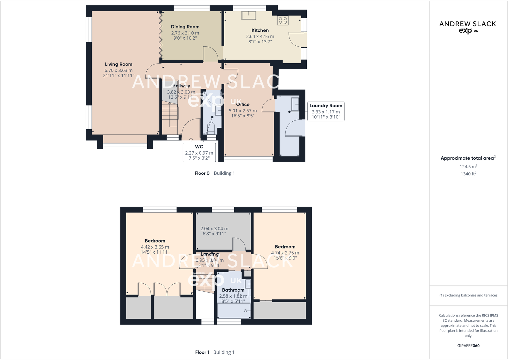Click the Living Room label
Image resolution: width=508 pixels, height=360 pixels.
pos(119,64)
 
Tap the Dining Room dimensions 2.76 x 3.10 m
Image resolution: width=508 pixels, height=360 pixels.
pos(185,33)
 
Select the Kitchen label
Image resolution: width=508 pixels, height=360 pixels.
pos(260,30)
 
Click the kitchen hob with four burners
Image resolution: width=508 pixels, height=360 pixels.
pos(283,20)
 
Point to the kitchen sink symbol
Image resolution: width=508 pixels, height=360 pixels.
pos(248,15)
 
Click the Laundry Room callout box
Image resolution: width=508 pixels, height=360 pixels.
pos(326,111)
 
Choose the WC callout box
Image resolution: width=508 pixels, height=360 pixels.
pos(199,152)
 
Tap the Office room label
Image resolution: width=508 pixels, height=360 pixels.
pos(243,104)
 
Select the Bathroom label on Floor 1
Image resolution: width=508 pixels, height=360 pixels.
pos(233,290)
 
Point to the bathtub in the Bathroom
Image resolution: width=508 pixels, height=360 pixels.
pos(234,311)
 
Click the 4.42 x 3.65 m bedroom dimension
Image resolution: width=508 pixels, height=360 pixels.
pos(155,247)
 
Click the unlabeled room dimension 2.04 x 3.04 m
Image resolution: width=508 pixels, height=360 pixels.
pos(214,229)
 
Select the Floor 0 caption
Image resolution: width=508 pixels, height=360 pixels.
pos(202,173)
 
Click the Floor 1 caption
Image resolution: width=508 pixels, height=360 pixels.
pos(202,352)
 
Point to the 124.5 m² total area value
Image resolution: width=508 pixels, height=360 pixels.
pos(468,166)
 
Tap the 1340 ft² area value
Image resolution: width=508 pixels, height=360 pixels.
pos(468,174)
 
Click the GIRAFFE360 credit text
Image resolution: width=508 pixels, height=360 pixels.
pos(468,346)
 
